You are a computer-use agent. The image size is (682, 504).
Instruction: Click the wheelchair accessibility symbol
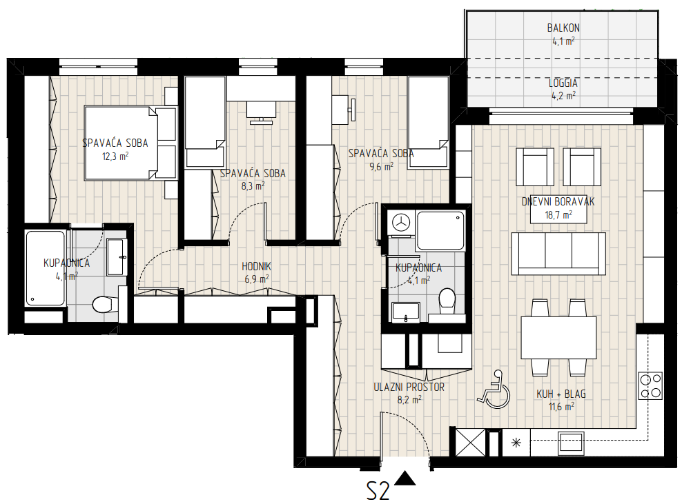click(x=494, y=390)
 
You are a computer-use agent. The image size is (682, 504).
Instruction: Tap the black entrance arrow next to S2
click(x=405, y=478)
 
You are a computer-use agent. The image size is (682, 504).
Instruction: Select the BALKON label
click(x=563, y=28)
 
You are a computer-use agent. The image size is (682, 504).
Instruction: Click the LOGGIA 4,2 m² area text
click(x=563, y=89)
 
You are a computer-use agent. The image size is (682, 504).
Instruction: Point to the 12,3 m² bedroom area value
click(x=115, y=157)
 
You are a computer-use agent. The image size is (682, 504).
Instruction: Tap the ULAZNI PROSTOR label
click(x=409, y=387)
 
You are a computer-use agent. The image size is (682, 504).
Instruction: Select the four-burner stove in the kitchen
click(x=650, y=385)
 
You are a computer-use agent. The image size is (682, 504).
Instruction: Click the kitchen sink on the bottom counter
click(x=571, y=443)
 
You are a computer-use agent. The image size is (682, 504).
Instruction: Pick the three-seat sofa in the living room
click(x=558, y=254)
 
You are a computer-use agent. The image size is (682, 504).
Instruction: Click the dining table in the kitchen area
click(x=558, y=338)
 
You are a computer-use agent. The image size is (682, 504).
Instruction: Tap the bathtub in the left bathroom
click(x=46, y=268)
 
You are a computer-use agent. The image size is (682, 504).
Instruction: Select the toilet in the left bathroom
click(x=104, y=304)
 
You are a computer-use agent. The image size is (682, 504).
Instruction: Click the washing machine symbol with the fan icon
click(x=401, y=223)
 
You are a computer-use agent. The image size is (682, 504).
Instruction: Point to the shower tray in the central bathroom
click(x=440, y=231)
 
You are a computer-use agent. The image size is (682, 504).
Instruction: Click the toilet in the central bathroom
click(x=447, y=302)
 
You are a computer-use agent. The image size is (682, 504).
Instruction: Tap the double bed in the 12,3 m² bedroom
click(x=130, y=143)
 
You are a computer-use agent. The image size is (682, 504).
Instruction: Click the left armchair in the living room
click(x=535, y=166)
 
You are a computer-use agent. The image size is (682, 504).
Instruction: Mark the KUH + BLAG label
click(x=561, y=394)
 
